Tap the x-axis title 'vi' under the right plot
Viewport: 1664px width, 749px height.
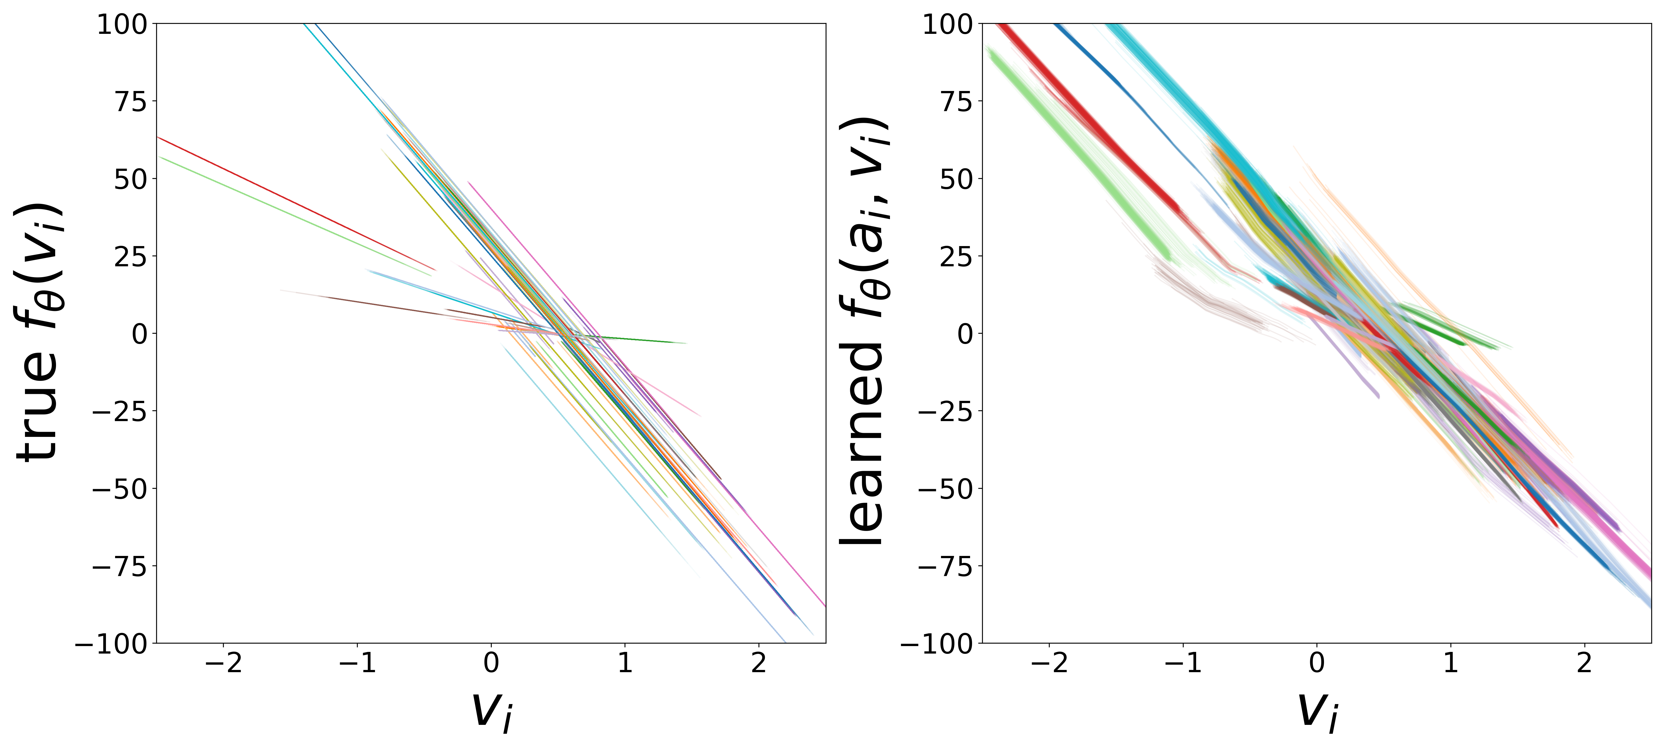(x=1318, y=711)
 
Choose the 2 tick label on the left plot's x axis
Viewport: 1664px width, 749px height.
(x=758, y=664)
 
